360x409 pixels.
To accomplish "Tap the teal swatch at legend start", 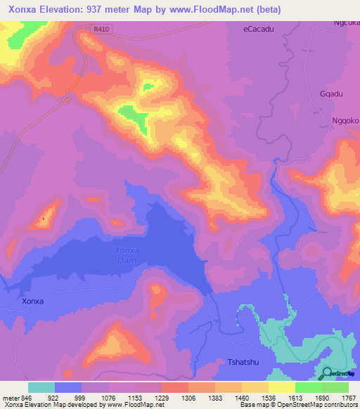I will coord(41,387).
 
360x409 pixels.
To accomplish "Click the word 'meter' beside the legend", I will coord(10,397).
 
